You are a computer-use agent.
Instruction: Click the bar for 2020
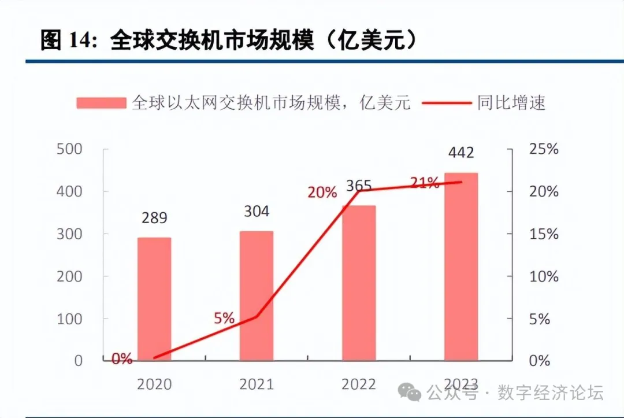[x=154, y=299]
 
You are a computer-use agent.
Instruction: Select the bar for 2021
[x=256, y=295]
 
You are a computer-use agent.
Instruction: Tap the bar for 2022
[x=359, y=283]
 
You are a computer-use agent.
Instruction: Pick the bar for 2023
[x=461, y=267]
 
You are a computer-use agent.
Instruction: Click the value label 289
[x=154, y=218]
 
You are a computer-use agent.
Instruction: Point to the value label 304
[x=256, y=212]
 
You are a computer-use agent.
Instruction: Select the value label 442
[x=461, y=153]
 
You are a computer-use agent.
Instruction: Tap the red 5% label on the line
[x=224, y=318]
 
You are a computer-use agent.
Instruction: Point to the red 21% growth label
[x=425, y=183]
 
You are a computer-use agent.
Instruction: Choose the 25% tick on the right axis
[x=544, y=149]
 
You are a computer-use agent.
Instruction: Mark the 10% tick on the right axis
[x=544, y=276]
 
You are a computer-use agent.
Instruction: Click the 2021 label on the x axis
[x=256, y=384]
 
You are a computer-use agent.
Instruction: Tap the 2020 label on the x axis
[x=154, y=384]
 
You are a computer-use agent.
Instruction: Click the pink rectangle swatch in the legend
[x=101, y=103]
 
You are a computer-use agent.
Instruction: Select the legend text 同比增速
[x=511, y=103]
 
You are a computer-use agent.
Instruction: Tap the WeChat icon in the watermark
[x=414, y=394]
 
